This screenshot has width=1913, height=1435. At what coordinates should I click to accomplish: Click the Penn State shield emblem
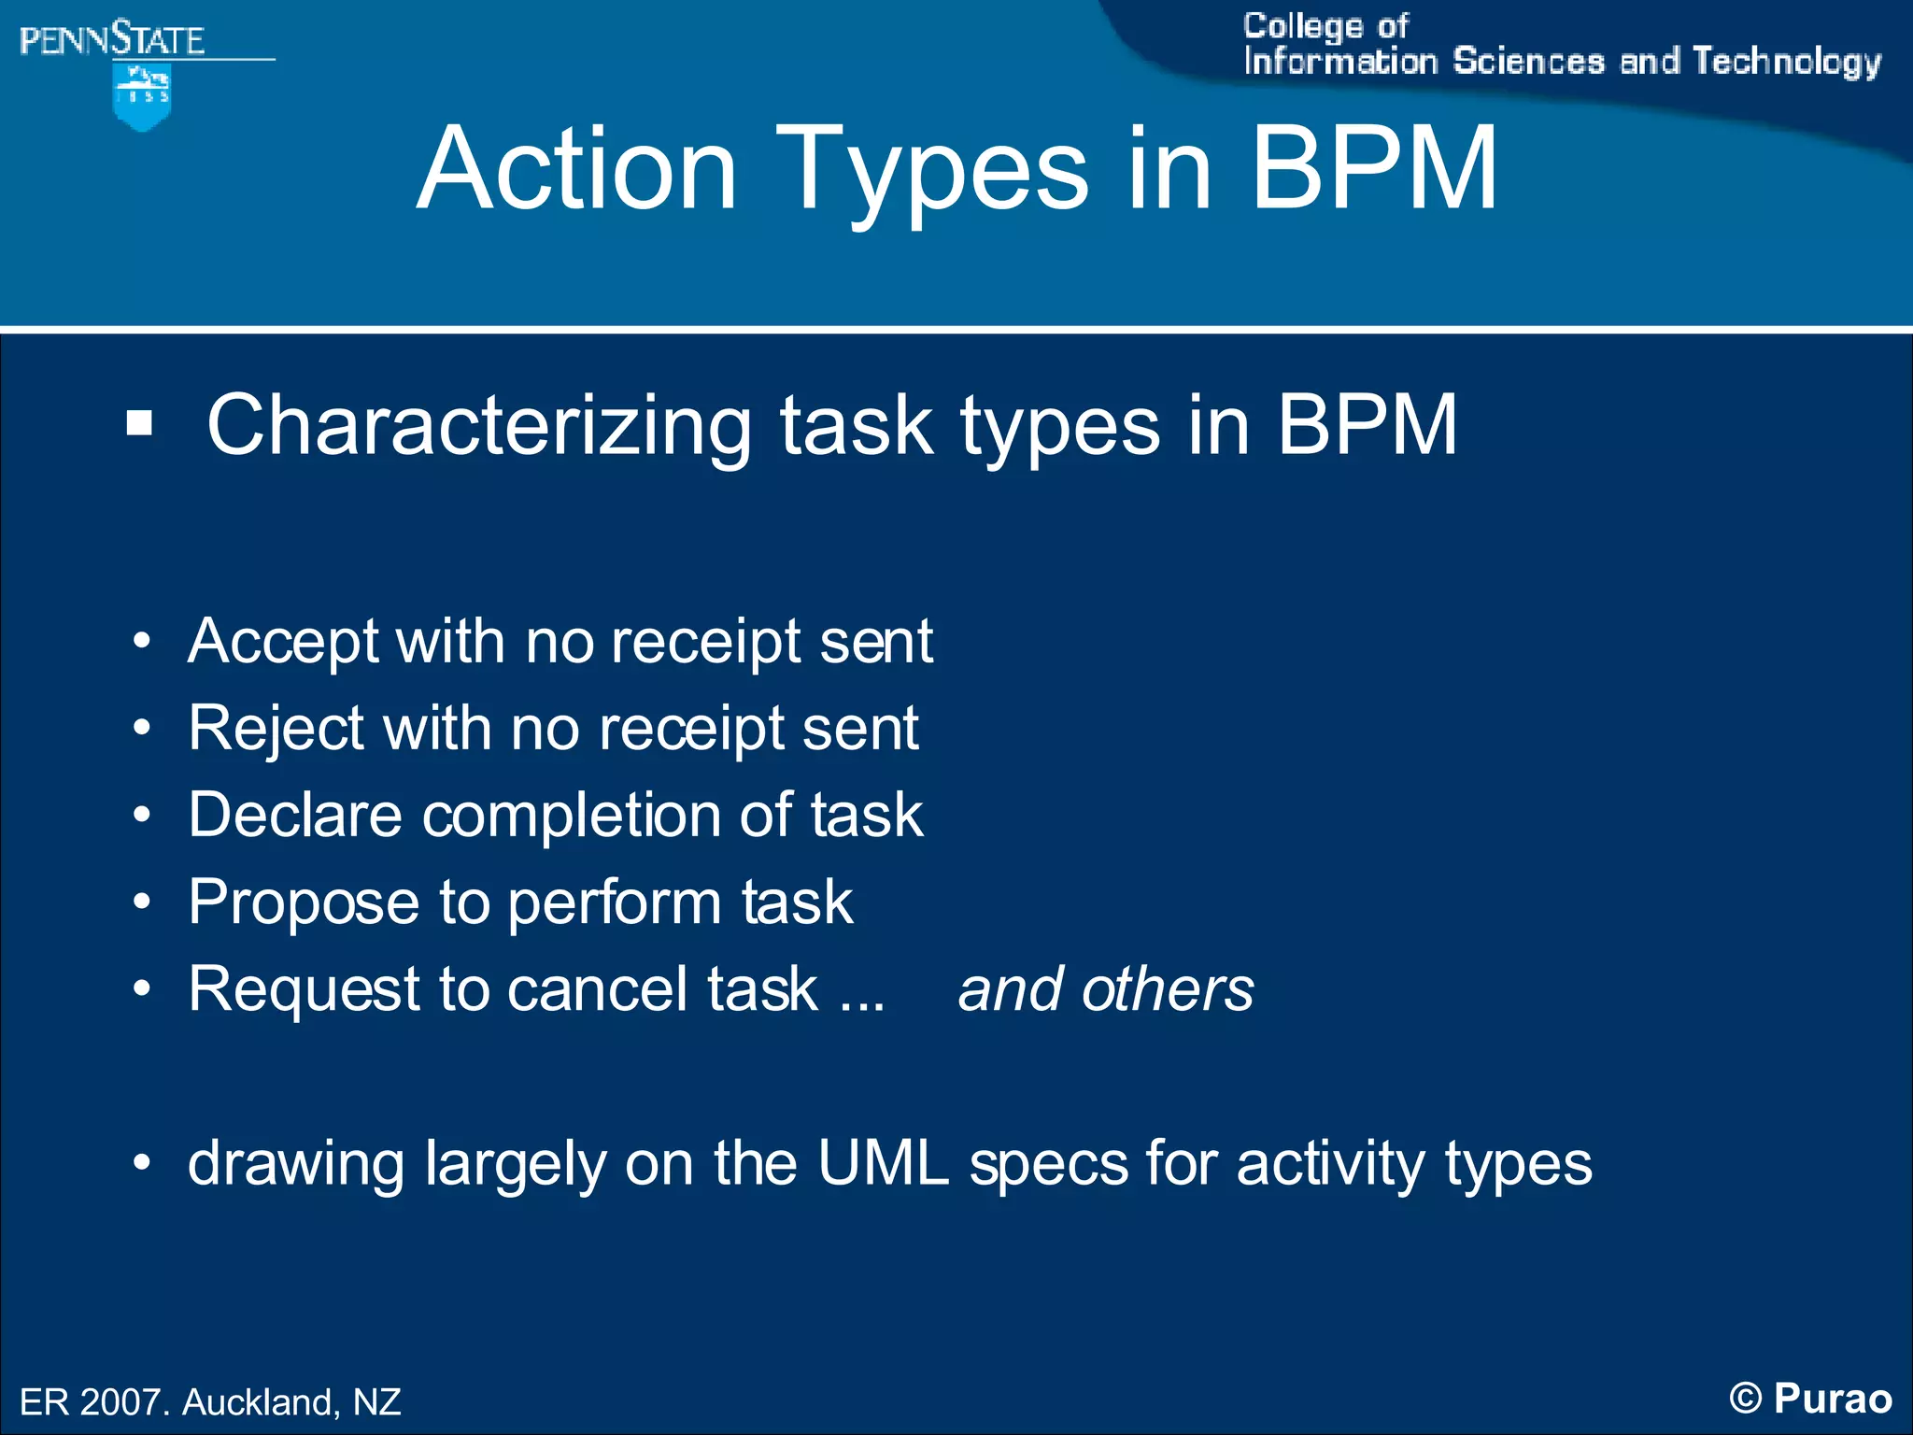coord(141,96)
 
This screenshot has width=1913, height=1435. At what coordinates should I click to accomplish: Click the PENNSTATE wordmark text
coord(111,40)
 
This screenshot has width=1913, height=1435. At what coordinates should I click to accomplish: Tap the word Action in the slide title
coord(576,170)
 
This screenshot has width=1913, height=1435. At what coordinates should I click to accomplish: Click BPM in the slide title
coord(1374,170)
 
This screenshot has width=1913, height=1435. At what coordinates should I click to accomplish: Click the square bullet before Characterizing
coord(139,423)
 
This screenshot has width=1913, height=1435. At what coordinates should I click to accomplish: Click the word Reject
coord(276,730)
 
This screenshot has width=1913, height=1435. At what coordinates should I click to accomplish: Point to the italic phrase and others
coord(1106,989)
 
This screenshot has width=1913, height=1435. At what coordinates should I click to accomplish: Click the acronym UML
coord(883,1164)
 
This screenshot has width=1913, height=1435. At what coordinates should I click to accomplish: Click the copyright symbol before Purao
coord(1745,1399)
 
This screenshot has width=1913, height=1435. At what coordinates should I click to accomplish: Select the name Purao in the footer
coord(1833,1399)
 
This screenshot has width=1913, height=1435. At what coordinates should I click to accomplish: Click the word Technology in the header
coord(1786,62)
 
